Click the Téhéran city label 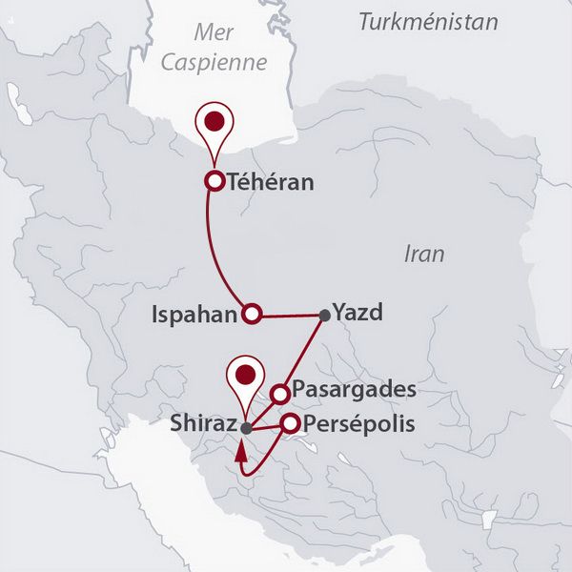click(273, 181)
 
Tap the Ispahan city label click(194, 314)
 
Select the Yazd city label click(357, 313)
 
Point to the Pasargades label click(354, 391)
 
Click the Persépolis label click(359, 424)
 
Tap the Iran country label click(424, 255)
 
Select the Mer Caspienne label click(213, 48)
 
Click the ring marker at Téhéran click(215, 181)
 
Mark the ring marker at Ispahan click(252, 313)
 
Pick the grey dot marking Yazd click(325, 315)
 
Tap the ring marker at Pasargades click(280, 393)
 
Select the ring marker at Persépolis click(289, 423)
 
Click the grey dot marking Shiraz click(246, 428)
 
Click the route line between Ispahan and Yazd click(289, 315)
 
